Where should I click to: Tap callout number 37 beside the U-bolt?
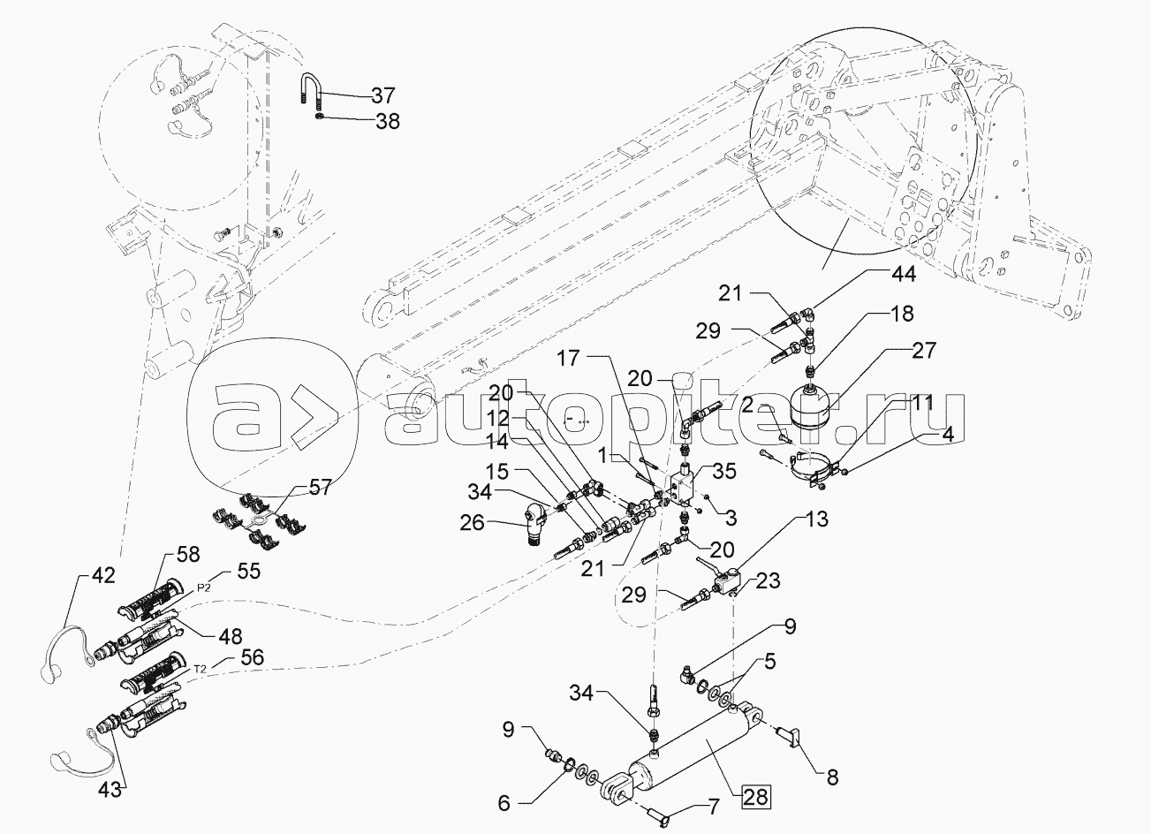(x=383, y=95)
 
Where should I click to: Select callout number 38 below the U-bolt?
(x=387, y=122)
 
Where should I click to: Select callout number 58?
(x=186, y=554)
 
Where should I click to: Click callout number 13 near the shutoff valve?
(x=817, y=519)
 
